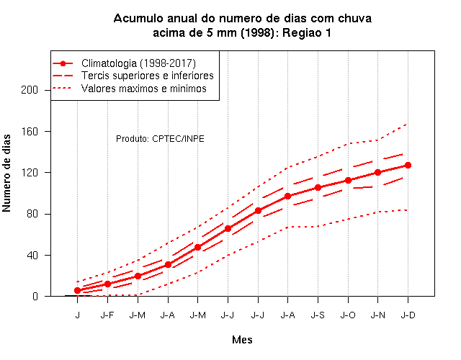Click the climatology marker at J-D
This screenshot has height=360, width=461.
408,165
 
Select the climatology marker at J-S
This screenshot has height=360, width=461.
318,187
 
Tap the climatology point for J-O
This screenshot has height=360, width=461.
348,180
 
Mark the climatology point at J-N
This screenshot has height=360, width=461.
377,172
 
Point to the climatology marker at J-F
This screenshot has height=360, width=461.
107,284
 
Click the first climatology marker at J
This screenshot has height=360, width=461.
77,290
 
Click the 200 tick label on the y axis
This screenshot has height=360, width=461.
30,90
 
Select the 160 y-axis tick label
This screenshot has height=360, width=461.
30,131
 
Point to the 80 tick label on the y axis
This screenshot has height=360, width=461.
32,214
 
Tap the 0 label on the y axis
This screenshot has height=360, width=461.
35,296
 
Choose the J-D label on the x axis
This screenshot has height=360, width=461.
408,315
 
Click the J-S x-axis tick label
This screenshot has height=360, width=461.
318,315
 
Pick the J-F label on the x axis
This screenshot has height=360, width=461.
107,315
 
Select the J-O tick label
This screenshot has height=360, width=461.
348,315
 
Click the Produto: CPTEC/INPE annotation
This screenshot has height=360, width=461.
160,139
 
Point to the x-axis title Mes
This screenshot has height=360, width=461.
242,340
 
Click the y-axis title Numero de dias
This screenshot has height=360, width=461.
6,173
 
